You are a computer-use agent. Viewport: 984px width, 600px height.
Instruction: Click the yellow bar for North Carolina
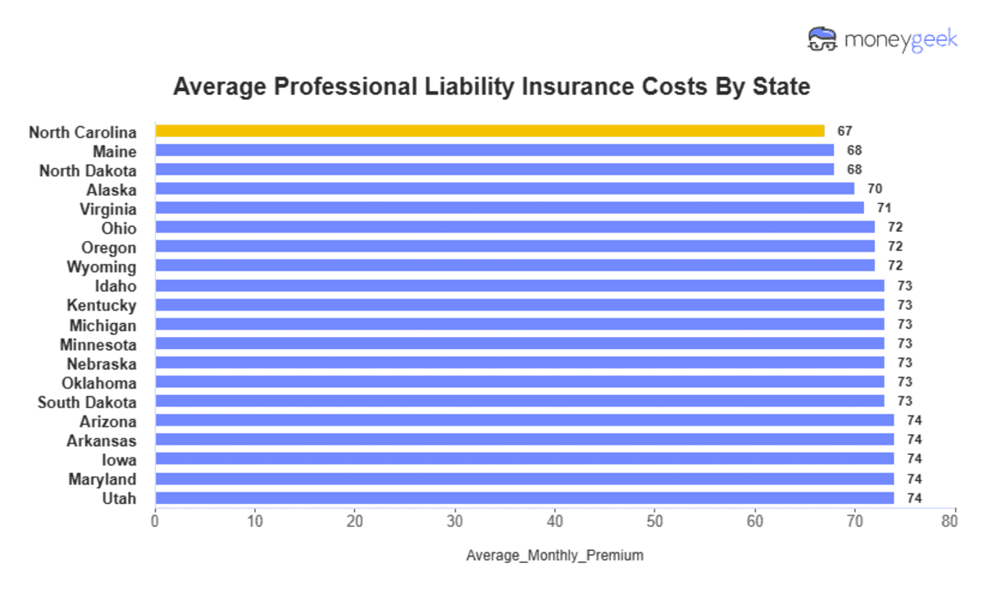490,131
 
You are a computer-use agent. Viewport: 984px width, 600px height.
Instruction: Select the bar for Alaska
504,189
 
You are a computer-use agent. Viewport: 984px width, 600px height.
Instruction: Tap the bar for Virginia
509,208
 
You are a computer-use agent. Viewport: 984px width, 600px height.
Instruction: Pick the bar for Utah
524,498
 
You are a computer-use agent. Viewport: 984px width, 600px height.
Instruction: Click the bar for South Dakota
519,402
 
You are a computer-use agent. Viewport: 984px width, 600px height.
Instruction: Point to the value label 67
845,131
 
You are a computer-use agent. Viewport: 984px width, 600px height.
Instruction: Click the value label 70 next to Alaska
875,189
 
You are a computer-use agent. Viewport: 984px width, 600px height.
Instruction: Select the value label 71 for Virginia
885,208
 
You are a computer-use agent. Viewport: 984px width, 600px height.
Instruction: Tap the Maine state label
115,152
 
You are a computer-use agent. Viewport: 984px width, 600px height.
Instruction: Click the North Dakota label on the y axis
88,170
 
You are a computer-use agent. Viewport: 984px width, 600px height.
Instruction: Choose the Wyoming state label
102,267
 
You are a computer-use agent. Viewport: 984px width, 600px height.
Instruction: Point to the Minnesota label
98,344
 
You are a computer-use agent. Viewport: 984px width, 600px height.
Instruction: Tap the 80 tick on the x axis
950,520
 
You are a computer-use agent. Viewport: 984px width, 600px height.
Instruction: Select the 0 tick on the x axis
155,520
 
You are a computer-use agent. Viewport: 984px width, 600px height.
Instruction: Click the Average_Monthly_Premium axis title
554,556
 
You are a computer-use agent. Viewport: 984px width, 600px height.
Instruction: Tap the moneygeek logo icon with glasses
822,39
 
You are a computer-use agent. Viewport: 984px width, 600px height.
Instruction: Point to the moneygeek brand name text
900,40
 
